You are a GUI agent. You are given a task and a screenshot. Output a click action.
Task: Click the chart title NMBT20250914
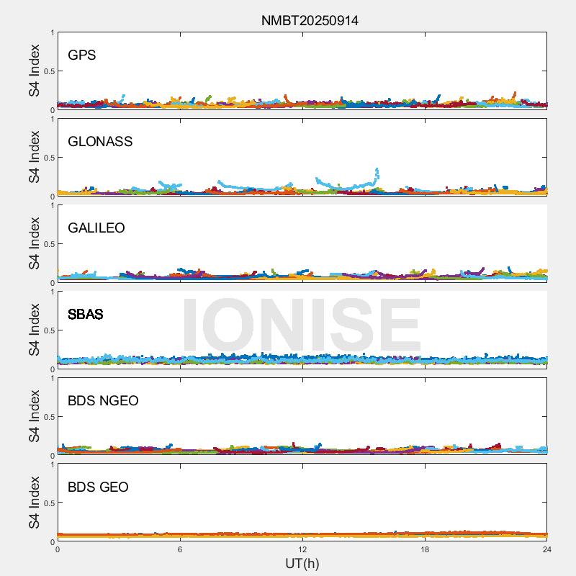click(x=310, y=20)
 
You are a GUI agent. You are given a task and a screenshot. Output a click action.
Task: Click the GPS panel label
click(x=81, y=55)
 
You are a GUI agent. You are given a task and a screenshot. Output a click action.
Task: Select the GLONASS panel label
click(x=100, y=142)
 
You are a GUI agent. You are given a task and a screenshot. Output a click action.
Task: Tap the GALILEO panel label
click(x=96, y=228)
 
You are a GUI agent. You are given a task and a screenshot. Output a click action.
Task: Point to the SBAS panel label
click(x=85, y=315)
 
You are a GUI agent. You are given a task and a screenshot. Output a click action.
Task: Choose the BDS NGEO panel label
click(x=103, y=401)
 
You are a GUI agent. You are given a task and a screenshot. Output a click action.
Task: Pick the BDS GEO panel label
click(x=98, y=487)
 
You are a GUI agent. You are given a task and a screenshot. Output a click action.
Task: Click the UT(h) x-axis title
click(x=302, y=563)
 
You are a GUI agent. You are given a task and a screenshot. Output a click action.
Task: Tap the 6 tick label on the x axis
click(x=180, y=549)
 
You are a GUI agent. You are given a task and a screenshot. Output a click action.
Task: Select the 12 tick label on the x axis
click(x=302, y=549)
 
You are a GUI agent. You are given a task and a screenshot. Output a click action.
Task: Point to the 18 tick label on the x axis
click(x=425, y=549)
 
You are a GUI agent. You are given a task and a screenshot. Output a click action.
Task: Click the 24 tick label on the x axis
click(x=547, y=549)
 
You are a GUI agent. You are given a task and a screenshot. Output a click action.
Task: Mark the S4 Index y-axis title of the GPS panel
click(x=34, y=71)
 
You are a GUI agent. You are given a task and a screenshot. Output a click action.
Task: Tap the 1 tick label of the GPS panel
click(x=52, y=33)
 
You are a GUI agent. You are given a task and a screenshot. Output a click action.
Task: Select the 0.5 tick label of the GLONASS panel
click(x=48, y=158)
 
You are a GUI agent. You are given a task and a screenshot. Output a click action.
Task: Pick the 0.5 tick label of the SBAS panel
click(x=48, y=330)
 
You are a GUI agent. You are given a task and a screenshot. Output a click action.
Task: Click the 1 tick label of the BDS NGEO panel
click(x=52, y=379)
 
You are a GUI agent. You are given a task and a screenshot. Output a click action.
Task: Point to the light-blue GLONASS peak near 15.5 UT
click(x=377, y=171)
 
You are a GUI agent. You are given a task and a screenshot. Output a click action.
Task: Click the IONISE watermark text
click(x=301, y=325)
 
